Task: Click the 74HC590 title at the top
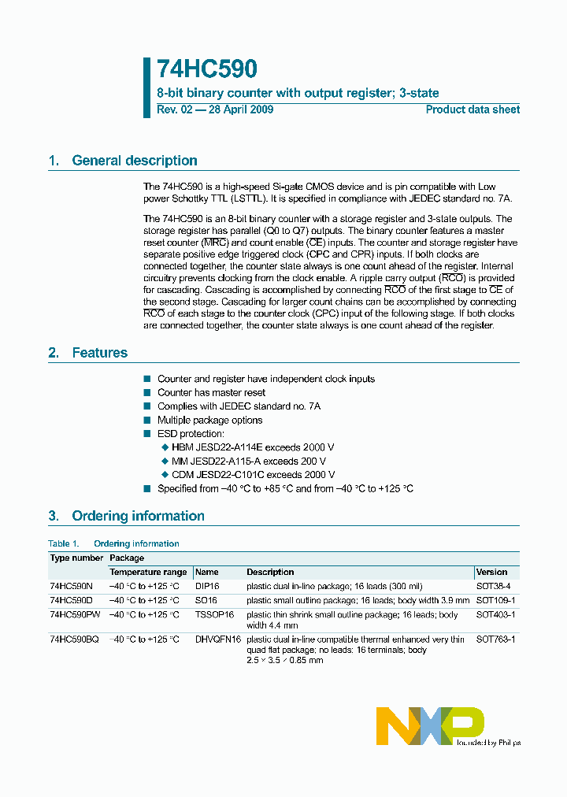point(206,70)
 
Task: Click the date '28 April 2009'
point(239,109)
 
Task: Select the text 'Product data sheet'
point(472,109)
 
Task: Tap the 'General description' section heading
point(134,161)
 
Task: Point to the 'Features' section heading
point(99,353)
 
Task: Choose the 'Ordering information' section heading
point(138,516)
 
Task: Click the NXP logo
point(429,725)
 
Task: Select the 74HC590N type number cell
point(71,587)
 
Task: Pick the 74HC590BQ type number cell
point(74,639)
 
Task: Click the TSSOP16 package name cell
point(214,614)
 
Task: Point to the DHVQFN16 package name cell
point(218,639)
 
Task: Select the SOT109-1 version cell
point(495,600)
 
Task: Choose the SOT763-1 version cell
point(495,639)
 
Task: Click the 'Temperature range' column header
point(148,572)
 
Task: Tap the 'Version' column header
point(491,572)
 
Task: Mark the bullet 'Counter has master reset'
point(211,392)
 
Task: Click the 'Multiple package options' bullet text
point(209,420)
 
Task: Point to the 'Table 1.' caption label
point(64,543)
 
